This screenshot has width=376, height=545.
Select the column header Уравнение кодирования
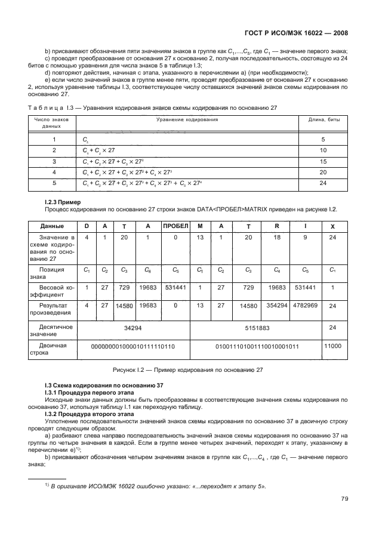[x=187, y=119]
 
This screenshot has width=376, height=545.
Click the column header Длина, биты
[x=323, y=119]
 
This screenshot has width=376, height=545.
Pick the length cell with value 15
[x=323, y=161]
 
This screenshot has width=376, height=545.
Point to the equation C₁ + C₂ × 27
[x=98, y=150]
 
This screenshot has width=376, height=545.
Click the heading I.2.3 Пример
[x=64, y=202]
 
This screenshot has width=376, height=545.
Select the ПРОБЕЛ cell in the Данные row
[x=175, y=226]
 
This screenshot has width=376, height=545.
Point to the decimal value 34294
[x=134, y=328]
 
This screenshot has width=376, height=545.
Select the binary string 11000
[x=332, y=346]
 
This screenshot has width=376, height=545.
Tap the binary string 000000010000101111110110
[x=134, y=347]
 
